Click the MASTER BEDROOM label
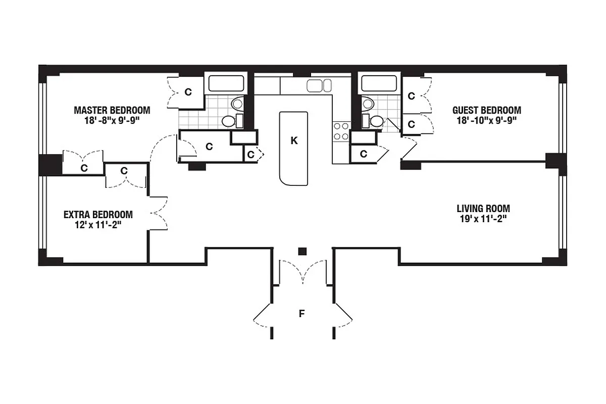(x=112, y=110)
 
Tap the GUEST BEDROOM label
(x=486, y=110)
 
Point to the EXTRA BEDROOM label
(x=98, y=214)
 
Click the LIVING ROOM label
(x=483, y=208)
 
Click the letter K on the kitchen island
(x=294, y=141)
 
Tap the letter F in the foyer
(x=301, y=314)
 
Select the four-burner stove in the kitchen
(x=340, y=131)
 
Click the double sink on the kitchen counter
(x=319, y=85)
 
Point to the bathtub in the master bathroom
(x=226, y=83)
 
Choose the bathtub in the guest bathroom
(x=379, y=83)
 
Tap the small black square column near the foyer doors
(x=302, y=251)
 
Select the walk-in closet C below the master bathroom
(x=208, y=146)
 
